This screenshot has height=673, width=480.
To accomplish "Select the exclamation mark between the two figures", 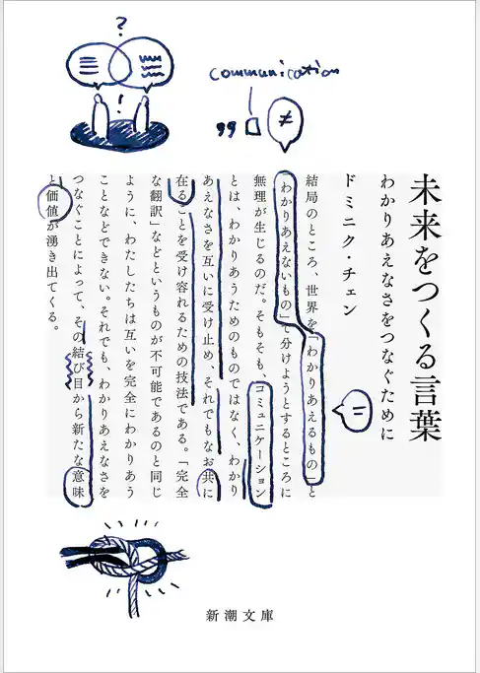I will tap(119, 100).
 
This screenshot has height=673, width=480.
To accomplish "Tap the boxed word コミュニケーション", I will tap(259, 439).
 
